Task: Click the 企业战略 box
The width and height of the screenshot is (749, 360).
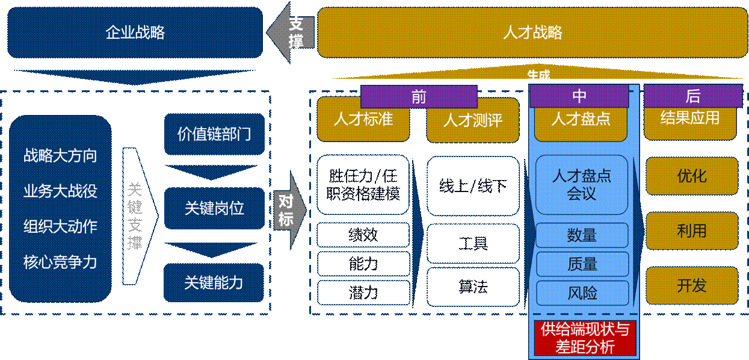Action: coord(135,32)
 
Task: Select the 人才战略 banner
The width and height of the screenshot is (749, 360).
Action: coord(532,32)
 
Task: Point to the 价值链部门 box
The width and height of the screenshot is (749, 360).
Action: coord(214,134)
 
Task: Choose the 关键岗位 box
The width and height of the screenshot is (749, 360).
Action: coord(214,208)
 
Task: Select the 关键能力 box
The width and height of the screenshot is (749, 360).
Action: coord(214,282)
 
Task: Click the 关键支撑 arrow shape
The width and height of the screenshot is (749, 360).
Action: coord(136,217)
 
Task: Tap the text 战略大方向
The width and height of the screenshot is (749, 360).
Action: coord(60,156)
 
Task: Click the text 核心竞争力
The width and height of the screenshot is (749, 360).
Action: coord(60,262)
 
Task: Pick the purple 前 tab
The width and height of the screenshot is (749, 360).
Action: coord(419,96)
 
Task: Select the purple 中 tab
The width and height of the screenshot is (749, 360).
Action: coord(579,96)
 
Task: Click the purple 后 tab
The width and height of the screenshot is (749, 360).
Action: coord(692,96)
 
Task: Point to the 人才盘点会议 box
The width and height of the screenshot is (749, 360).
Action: coord(582,185)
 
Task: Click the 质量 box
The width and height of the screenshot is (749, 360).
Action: coord(582,264)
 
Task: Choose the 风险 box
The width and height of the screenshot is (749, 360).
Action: coord(582,293)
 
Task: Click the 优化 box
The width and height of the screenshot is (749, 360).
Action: coord(692,176)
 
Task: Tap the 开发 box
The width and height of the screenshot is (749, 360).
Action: coord(692,285)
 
